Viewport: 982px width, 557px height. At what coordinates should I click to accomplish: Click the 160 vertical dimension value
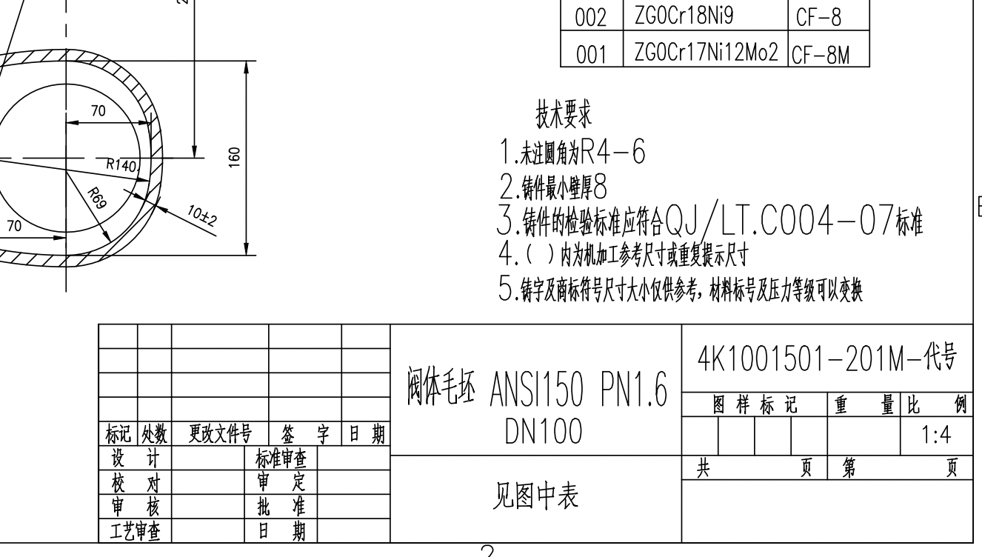pyautogui.click(x=235, y=157)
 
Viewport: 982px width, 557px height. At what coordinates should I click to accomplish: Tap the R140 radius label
pyautogui.click(x=123, y=165)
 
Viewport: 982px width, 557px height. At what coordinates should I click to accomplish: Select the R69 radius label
pyautogui.click(x=97, y=199)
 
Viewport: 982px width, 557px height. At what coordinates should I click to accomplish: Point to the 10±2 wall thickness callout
pyautogui.click(x=202, y=216)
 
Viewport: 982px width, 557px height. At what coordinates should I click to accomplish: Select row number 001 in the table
pyautogui.click(x=591, y=54)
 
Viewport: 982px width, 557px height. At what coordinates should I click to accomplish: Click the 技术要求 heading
pyautogui.click(x=564, y=114)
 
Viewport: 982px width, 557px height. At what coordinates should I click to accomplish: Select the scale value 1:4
pyautogui.click(x=936, y=435)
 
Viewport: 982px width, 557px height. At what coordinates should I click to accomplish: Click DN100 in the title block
pyautogui.click(x=544, y=430)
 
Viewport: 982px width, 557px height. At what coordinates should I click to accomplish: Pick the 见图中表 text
pyautogui.click(x=535, y=496)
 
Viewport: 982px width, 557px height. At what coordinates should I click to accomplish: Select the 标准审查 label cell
pyautogui.click(x=281, y=458)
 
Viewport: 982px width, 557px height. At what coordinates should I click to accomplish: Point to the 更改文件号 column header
pyautogui.click(x=220, y=434)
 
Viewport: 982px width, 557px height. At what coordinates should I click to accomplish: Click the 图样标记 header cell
pyautogui.click(x=754, y=404)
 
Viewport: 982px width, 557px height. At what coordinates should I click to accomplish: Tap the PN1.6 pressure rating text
pyautogui.click(x=634, y=389)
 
